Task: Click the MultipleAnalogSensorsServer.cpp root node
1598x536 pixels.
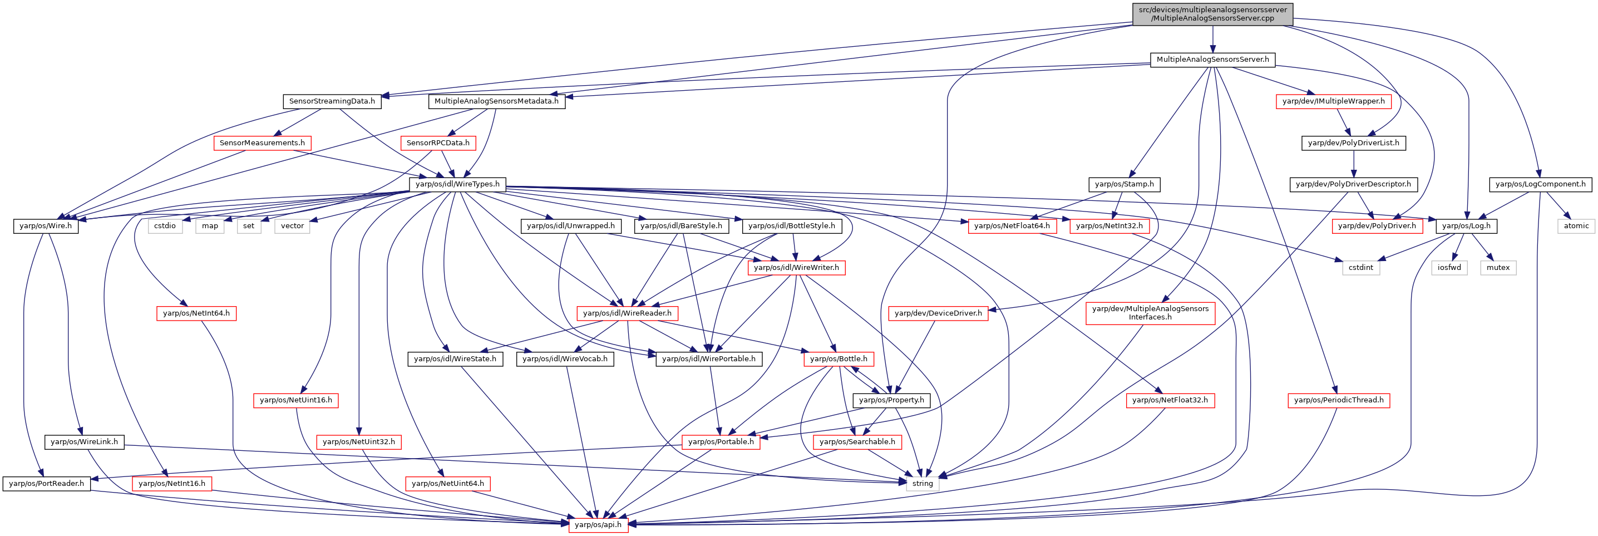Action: click(x=1212, y=14)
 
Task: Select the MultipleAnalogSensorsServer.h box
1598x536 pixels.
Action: click(x=1213, y=60)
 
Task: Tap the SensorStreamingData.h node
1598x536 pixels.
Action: click(x=332, y=101)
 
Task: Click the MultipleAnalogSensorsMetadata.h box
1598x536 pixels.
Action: click(x=496, y=101)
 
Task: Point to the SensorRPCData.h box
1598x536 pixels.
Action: click(x=438, y=142)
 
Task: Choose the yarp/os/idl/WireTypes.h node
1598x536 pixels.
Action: click(x=457, y=184)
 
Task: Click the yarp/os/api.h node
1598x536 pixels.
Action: click(x=598, y=524)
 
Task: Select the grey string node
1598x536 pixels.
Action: click(x=923, y=483)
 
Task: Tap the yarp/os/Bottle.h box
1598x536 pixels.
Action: click(x=839, y=358)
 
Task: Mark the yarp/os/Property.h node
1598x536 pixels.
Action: click(x=891, y=400)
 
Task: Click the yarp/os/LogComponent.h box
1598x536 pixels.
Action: click(x=1540, y=184)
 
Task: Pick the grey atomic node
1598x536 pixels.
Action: click(x=1576, y=226)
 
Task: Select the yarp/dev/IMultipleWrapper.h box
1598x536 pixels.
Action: click(x=1333, y=101)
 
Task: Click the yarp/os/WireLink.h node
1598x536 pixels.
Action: click(x=85, y=442)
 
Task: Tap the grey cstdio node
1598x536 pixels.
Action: click(x=165, y=226)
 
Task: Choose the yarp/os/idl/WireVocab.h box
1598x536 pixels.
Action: click(x=565, y=358)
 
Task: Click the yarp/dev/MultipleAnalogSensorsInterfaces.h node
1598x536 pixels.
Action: click(x=1150, y=313)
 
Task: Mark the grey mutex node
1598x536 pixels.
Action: click(x=1498, y=267)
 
